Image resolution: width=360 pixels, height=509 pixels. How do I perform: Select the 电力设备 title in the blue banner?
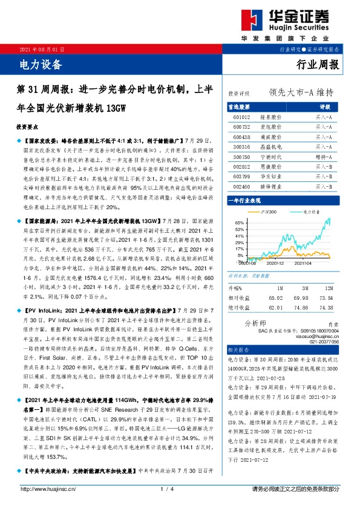point(38,62)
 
